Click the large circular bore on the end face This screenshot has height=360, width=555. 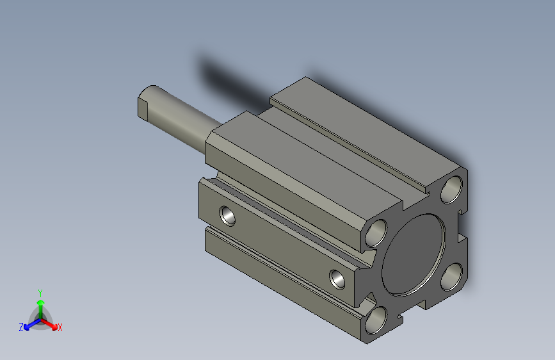pyautogui.click(x=414, y=255)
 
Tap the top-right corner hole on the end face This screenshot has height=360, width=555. pyautogui.click(x=452, y=190)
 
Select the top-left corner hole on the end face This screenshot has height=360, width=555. pyautogui.click(x=376, y=233)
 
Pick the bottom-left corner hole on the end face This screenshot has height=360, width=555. pyautogui.click(x=376, y=320)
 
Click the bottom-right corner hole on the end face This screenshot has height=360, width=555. pyautogui.click(x=452, y=277)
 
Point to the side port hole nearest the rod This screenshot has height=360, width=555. pyautogui.click(x=227, y=215)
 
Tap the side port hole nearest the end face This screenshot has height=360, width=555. pyautogui.click(x=337, y=279)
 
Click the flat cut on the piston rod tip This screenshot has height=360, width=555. pyautogui.click(x=142, y=108)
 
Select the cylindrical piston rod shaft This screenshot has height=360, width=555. pyautogui.click(x=181, y=119)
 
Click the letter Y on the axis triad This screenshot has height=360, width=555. pyautogui.click(x=40, y=293)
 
